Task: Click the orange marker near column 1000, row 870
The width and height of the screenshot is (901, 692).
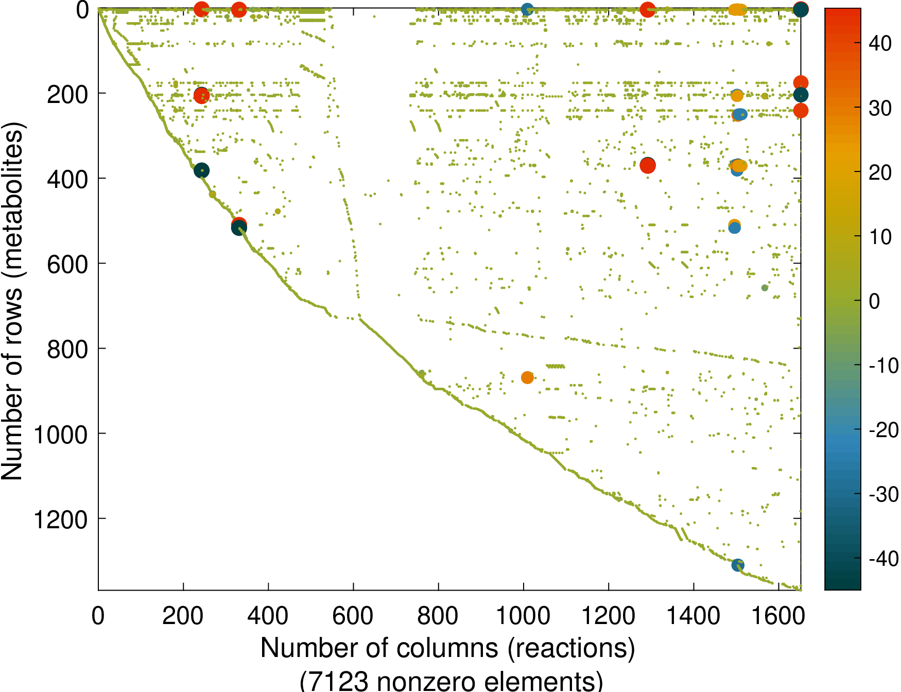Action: pos(527,377)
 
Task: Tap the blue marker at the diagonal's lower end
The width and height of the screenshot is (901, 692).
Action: pos(738,565)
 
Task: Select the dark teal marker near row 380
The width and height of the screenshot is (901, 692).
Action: pos(202,170)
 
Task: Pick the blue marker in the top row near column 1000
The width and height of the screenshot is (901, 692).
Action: pos(527,9)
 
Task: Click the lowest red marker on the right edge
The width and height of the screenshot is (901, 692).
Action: pos(801,111)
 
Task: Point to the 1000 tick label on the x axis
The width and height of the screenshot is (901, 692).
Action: pos(523,616)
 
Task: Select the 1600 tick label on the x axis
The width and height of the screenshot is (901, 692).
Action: pos(778,616)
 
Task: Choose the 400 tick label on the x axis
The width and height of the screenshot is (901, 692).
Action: pos(268,616)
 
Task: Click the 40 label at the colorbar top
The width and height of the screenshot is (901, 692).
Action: pos(880,44)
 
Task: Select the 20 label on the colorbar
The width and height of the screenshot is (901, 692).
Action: pos(880,172)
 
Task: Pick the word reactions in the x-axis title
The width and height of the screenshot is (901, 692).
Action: pos(571,648)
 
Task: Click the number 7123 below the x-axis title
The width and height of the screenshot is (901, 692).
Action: pos(338,681)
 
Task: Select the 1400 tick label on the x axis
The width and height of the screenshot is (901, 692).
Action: pos(694,616)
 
